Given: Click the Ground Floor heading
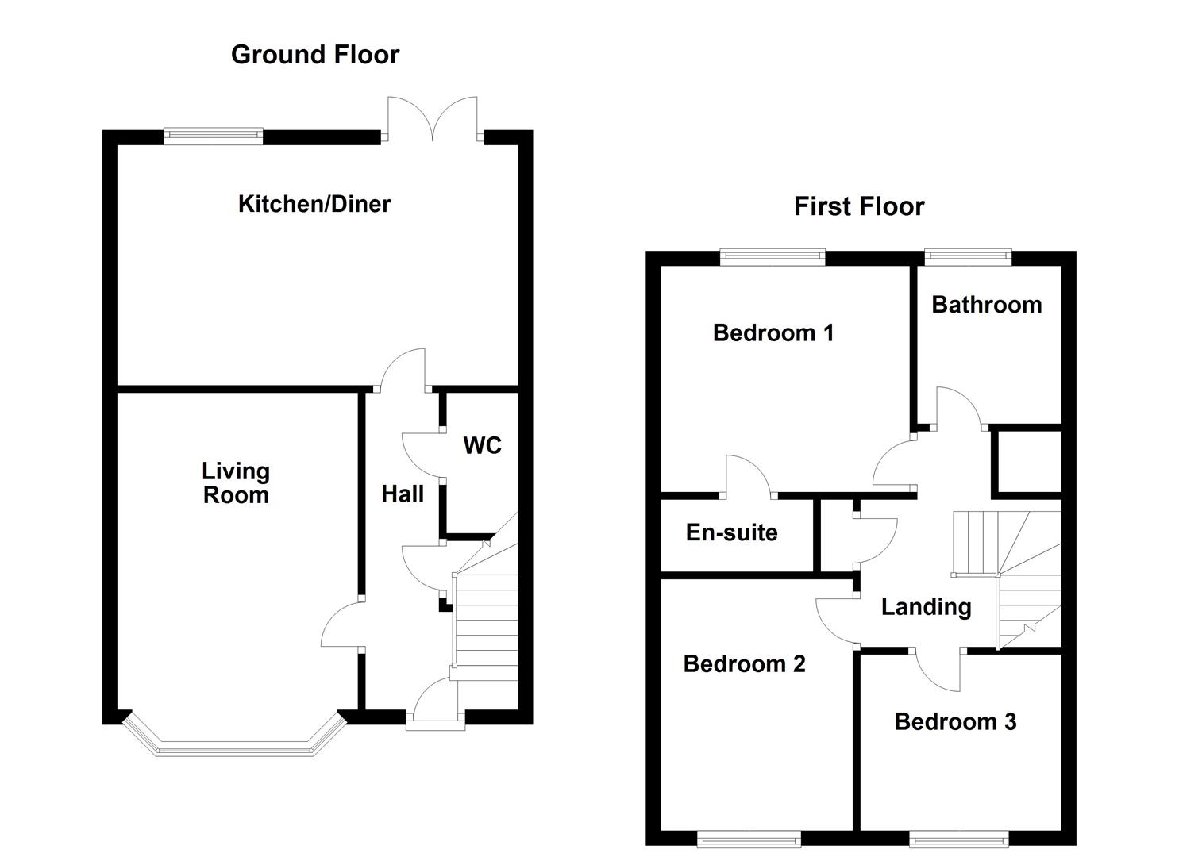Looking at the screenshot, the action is (314, 55).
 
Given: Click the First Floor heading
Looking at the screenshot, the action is (859, 207).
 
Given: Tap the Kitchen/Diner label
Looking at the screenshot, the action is (314, 204).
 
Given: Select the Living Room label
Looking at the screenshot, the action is (236, 483).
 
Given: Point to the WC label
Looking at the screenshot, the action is (482, 446).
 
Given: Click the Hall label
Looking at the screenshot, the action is (403, 494).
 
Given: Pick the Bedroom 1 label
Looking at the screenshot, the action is (773, 332).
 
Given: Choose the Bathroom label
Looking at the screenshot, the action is (986, 305).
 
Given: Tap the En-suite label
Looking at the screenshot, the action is (731, 532).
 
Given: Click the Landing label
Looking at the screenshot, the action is (926, 607).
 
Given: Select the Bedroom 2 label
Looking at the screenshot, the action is (744, 663).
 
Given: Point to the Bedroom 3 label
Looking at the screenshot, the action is (955, 721).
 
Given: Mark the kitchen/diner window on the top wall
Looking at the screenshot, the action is (213, 136).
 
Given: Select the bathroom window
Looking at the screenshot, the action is (968, 256).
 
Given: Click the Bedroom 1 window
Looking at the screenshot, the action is (773, 256).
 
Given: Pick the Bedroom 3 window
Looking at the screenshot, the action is (959, 837).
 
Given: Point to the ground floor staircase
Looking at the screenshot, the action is (484, 619).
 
